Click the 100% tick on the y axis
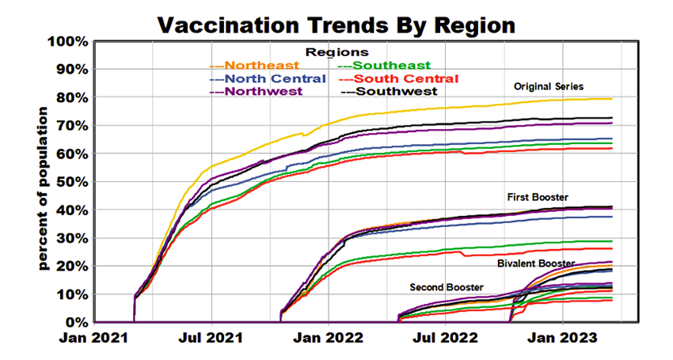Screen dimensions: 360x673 click(x=70, y=41)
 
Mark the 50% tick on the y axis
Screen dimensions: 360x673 click(x=73, y=182)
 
